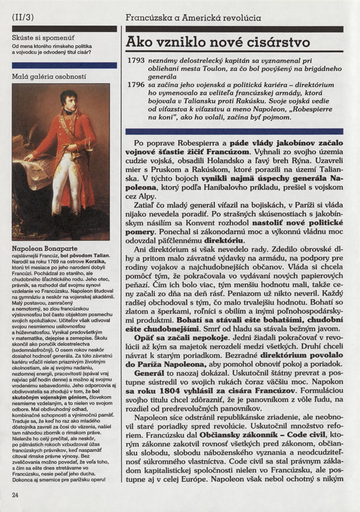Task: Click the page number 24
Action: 15,494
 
